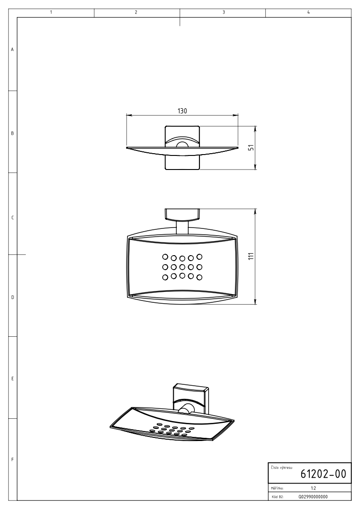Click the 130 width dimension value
tap(182, 111)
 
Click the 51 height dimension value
tap(251, 148)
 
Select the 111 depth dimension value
tap(251, 256)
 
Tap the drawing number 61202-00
tap(323, 474)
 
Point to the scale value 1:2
tap(313, 488)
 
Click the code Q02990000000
tap(313, 497)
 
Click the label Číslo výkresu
tap(282, 467)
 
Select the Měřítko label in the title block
tap(277, 488)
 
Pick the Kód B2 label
tap(277, 497)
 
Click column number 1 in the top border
tap(51, 12)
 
